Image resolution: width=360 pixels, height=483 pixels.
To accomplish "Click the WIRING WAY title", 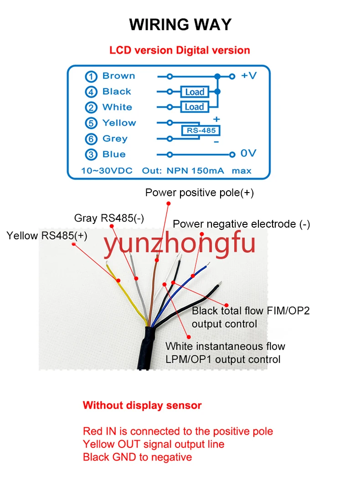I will (x=180, y=24).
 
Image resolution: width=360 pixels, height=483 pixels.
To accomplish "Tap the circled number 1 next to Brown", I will (x=92, y=76).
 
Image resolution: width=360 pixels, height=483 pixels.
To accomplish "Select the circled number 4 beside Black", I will (x=92, y=92).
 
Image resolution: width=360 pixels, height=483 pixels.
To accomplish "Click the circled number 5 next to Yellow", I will (x=92, y=123).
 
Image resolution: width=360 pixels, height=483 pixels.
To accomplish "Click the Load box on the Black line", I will (x=195, y=92).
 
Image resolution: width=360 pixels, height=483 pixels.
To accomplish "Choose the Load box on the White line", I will (x=195, y=107).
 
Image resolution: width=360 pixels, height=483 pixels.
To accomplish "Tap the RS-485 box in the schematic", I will (x=201, y=131).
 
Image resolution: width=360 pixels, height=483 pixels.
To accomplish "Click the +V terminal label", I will (x=249, y=76).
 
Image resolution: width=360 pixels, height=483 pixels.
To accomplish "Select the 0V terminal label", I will (x=249, y=154).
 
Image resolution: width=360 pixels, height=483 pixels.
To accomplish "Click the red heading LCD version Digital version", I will (x=180, y=50).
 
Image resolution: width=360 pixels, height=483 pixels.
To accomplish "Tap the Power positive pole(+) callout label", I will (x=200, y=193).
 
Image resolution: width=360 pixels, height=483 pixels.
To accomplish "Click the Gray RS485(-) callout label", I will (x=109, y=218).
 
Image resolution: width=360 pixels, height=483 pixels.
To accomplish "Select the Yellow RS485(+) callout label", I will (x=47, y=235).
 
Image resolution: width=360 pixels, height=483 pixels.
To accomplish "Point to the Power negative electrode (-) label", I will (x=242, y=224).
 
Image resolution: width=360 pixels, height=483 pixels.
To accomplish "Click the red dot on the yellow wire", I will (x=118, y=280).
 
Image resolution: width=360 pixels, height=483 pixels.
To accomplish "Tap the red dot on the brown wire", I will (x=156, y=260).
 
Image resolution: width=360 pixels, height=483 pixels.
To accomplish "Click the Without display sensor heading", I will (x=142, y=405).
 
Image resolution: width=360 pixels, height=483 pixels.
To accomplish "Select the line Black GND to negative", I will (x=137, y=457).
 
